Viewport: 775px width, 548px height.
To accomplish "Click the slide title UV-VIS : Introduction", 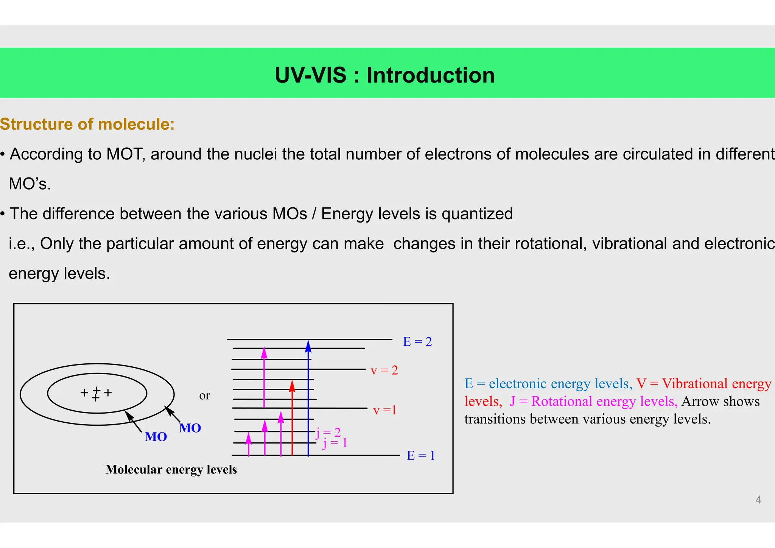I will (384, 75).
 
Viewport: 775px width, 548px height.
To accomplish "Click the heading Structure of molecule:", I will (87, 124).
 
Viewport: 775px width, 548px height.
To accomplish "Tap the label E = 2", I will (417, 342).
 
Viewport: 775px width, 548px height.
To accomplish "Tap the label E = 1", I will (420, 455).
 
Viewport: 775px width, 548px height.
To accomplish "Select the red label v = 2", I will (384, 370).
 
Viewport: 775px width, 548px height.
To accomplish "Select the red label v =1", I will (384, 410).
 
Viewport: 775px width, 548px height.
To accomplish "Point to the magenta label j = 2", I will (328, 432).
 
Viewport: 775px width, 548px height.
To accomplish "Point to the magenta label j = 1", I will (335, 443).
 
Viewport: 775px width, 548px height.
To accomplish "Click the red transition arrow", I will (292, 420).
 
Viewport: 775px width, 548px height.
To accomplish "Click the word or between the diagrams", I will (204, 395).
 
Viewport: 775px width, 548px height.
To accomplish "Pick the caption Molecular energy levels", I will (171, 469).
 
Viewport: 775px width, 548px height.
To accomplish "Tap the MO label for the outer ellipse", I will (190, 428).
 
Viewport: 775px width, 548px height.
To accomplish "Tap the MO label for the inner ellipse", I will (156, 437).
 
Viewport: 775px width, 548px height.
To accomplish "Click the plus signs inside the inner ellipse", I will (96, 393).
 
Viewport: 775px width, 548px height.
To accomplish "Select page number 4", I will (758, 500).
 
